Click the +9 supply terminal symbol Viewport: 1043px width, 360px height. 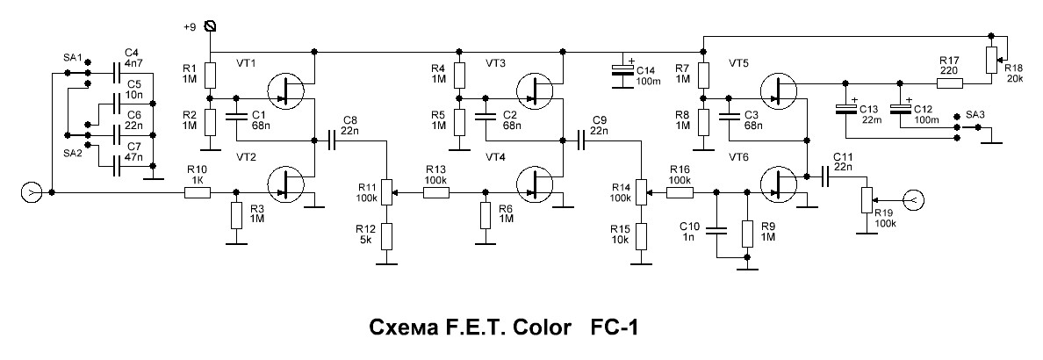coord(209,26)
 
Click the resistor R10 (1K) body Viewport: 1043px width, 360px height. coord(198,191)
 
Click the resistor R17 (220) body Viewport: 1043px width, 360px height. coord(949,83)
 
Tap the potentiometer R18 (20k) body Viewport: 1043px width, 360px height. coord(991,61)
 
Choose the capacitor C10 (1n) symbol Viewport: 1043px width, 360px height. coord(717,230)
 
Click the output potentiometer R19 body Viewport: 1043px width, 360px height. coord(867,199)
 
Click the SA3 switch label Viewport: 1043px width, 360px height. coord(975,115)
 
